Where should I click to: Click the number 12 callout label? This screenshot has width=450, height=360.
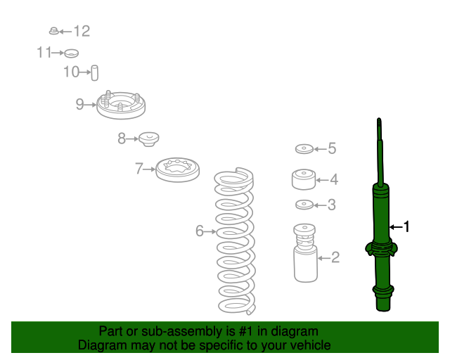click(82, 31)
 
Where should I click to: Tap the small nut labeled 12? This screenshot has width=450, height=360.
click(53, 31)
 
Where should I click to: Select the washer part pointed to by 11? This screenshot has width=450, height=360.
click(71, 53)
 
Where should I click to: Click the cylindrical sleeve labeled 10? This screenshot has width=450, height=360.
click(95, 73)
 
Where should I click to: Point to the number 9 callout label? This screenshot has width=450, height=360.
click(79, 104)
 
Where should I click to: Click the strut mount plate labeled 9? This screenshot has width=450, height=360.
click(121, 105)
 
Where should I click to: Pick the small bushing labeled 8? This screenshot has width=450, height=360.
click(149, 139)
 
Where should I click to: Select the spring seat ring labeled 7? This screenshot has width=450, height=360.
click(178, 169)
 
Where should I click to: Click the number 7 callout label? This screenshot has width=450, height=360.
click(139, 169)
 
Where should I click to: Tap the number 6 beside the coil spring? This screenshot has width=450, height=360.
click(200, 231)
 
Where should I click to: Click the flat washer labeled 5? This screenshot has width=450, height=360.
click(304, 148)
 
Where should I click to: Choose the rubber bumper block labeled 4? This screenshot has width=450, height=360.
click(304, 179)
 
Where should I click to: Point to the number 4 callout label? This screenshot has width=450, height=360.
click(334, 180)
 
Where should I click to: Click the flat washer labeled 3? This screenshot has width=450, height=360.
click(304, 205)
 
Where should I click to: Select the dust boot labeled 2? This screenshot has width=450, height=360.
click(305, 253)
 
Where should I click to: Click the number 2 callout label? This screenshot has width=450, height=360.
click(335, 257)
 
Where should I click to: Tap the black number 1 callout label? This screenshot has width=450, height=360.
click(406, 227)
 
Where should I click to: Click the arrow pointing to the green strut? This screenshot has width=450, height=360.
click(396, 227)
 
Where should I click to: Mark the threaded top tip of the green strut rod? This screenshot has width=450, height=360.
click(379, 120)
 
